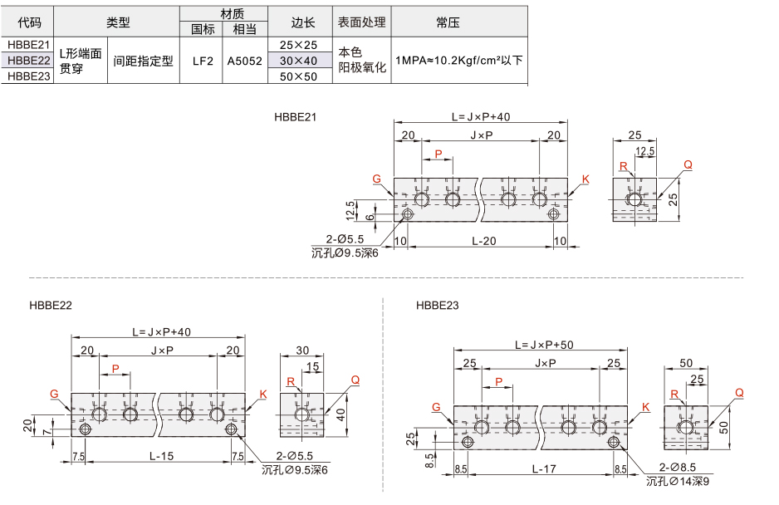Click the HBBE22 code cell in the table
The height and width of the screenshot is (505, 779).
point(29,61)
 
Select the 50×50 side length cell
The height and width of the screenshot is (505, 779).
point(298,76)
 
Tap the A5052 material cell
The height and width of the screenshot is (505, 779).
point(244,61)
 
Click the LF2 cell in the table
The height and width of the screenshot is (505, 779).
point(203,61)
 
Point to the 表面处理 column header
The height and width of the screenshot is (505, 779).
point(362,22)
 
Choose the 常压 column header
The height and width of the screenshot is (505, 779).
point(448,22)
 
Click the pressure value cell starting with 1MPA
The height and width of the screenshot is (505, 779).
point(459,61)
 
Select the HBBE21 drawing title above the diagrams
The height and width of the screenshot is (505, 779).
point(295,117)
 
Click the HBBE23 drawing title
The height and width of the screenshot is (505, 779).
point(437,305)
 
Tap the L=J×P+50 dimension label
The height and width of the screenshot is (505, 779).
point(544,345)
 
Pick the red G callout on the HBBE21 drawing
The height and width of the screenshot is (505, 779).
point(376,179)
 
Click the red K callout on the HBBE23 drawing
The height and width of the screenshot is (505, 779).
point(645,407)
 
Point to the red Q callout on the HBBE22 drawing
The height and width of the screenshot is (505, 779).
point(355,380)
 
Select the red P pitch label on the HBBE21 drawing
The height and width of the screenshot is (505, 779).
point(438,154)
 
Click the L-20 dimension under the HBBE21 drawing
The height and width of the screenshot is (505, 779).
point(484,241)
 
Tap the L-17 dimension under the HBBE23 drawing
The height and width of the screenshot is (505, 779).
point(544,468)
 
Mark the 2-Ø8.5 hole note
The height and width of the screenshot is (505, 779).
point(678,468)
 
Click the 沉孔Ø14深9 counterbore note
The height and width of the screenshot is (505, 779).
point(678,481)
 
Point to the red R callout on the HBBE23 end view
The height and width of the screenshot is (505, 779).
point(674,395)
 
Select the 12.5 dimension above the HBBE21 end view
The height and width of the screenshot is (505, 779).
point(644,151)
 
